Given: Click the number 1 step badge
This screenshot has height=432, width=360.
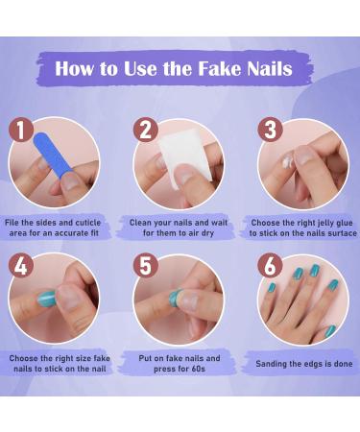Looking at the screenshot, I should pos(25,131).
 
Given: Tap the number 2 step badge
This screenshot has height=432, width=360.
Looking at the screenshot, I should pos(145,131).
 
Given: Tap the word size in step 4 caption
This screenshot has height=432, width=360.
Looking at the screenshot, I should pos(83,358).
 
